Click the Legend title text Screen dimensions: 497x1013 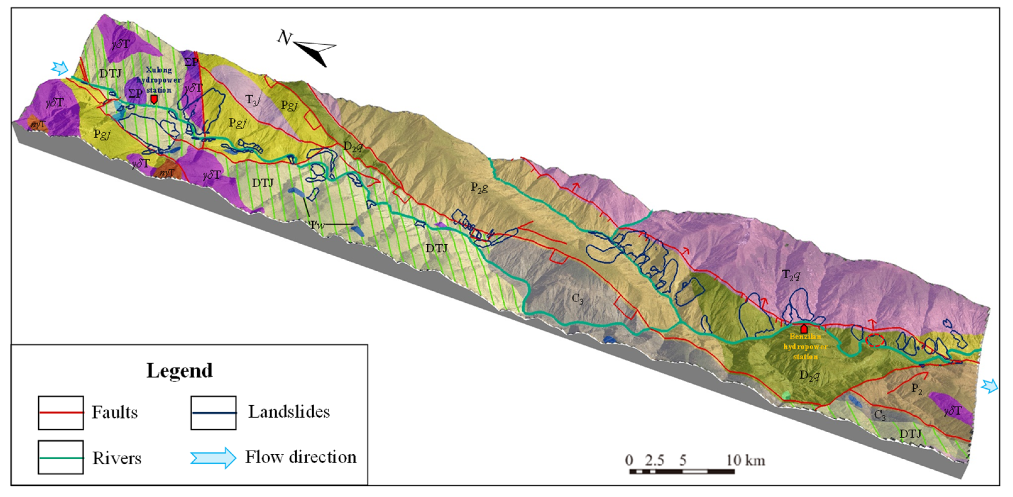(179, 370)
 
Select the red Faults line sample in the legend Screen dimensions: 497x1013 (61, 413)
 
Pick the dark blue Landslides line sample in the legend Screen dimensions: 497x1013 (214, 413)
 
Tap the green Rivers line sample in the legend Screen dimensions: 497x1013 (61, 458)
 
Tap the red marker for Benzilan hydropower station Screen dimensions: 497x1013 (804, 328)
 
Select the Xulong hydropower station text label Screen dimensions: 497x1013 (159, 80)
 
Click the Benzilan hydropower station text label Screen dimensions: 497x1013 (805, 347)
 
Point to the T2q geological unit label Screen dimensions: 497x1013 (791, 275)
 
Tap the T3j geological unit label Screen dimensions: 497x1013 (253, 100)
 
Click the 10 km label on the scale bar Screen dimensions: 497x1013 (745, 460)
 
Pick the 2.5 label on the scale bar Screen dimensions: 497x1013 (654, 460)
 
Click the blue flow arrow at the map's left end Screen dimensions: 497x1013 (60, 68)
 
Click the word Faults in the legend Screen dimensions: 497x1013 (114, 413)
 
